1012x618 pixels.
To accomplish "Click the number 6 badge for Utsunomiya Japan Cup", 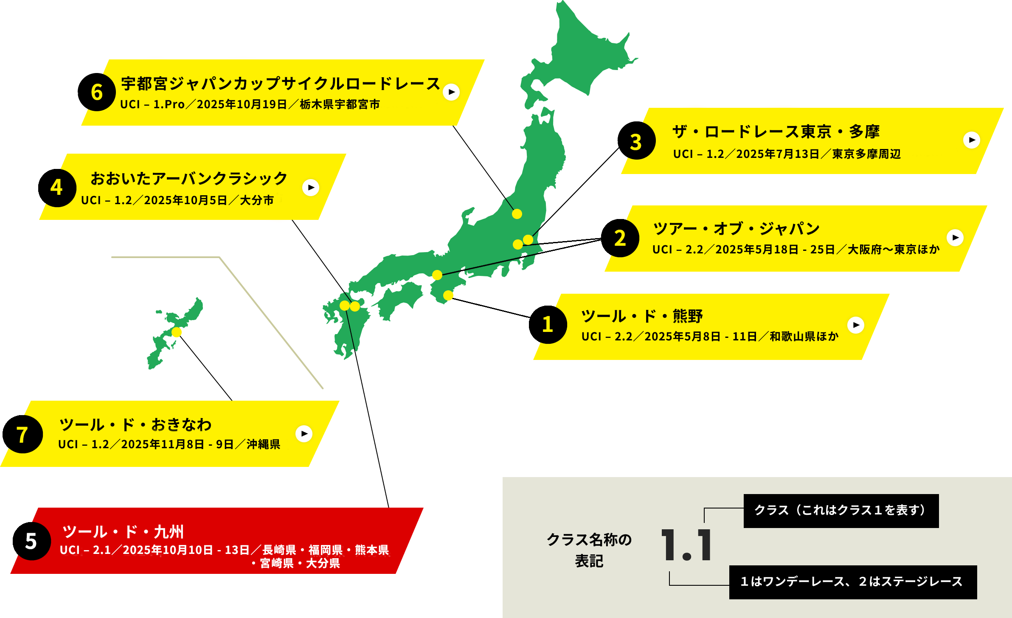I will (97, 92).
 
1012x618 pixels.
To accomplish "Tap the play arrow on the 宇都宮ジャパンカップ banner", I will (451, 92).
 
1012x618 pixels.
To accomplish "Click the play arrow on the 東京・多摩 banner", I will (971, 140).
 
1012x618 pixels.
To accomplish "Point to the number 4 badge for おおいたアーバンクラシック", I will (56, 187).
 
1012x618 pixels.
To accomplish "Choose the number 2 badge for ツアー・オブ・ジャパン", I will (620, 238).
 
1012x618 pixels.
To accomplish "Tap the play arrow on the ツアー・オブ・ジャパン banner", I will (955, 238).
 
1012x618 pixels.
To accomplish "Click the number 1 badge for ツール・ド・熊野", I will (548, 324).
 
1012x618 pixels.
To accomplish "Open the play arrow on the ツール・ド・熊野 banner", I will (856, 325).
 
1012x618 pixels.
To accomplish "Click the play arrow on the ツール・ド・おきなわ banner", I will (304, 434).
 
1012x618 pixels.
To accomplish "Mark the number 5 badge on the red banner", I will (31, 541).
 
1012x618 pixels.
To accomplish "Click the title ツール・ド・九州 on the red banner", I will (123, 532).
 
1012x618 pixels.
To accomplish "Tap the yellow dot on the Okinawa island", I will (177, 332).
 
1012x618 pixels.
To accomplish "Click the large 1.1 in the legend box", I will (686, 545).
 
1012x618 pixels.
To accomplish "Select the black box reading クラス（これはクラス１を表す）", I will (841, 511).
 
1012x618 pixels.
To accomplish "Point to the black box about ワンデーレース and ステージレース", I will (852, 582).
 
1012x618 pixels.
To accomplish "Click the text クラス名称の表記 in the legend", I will (589, 550).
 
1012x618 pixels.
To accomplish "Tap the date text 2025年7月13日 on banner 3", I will (778, 154).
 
